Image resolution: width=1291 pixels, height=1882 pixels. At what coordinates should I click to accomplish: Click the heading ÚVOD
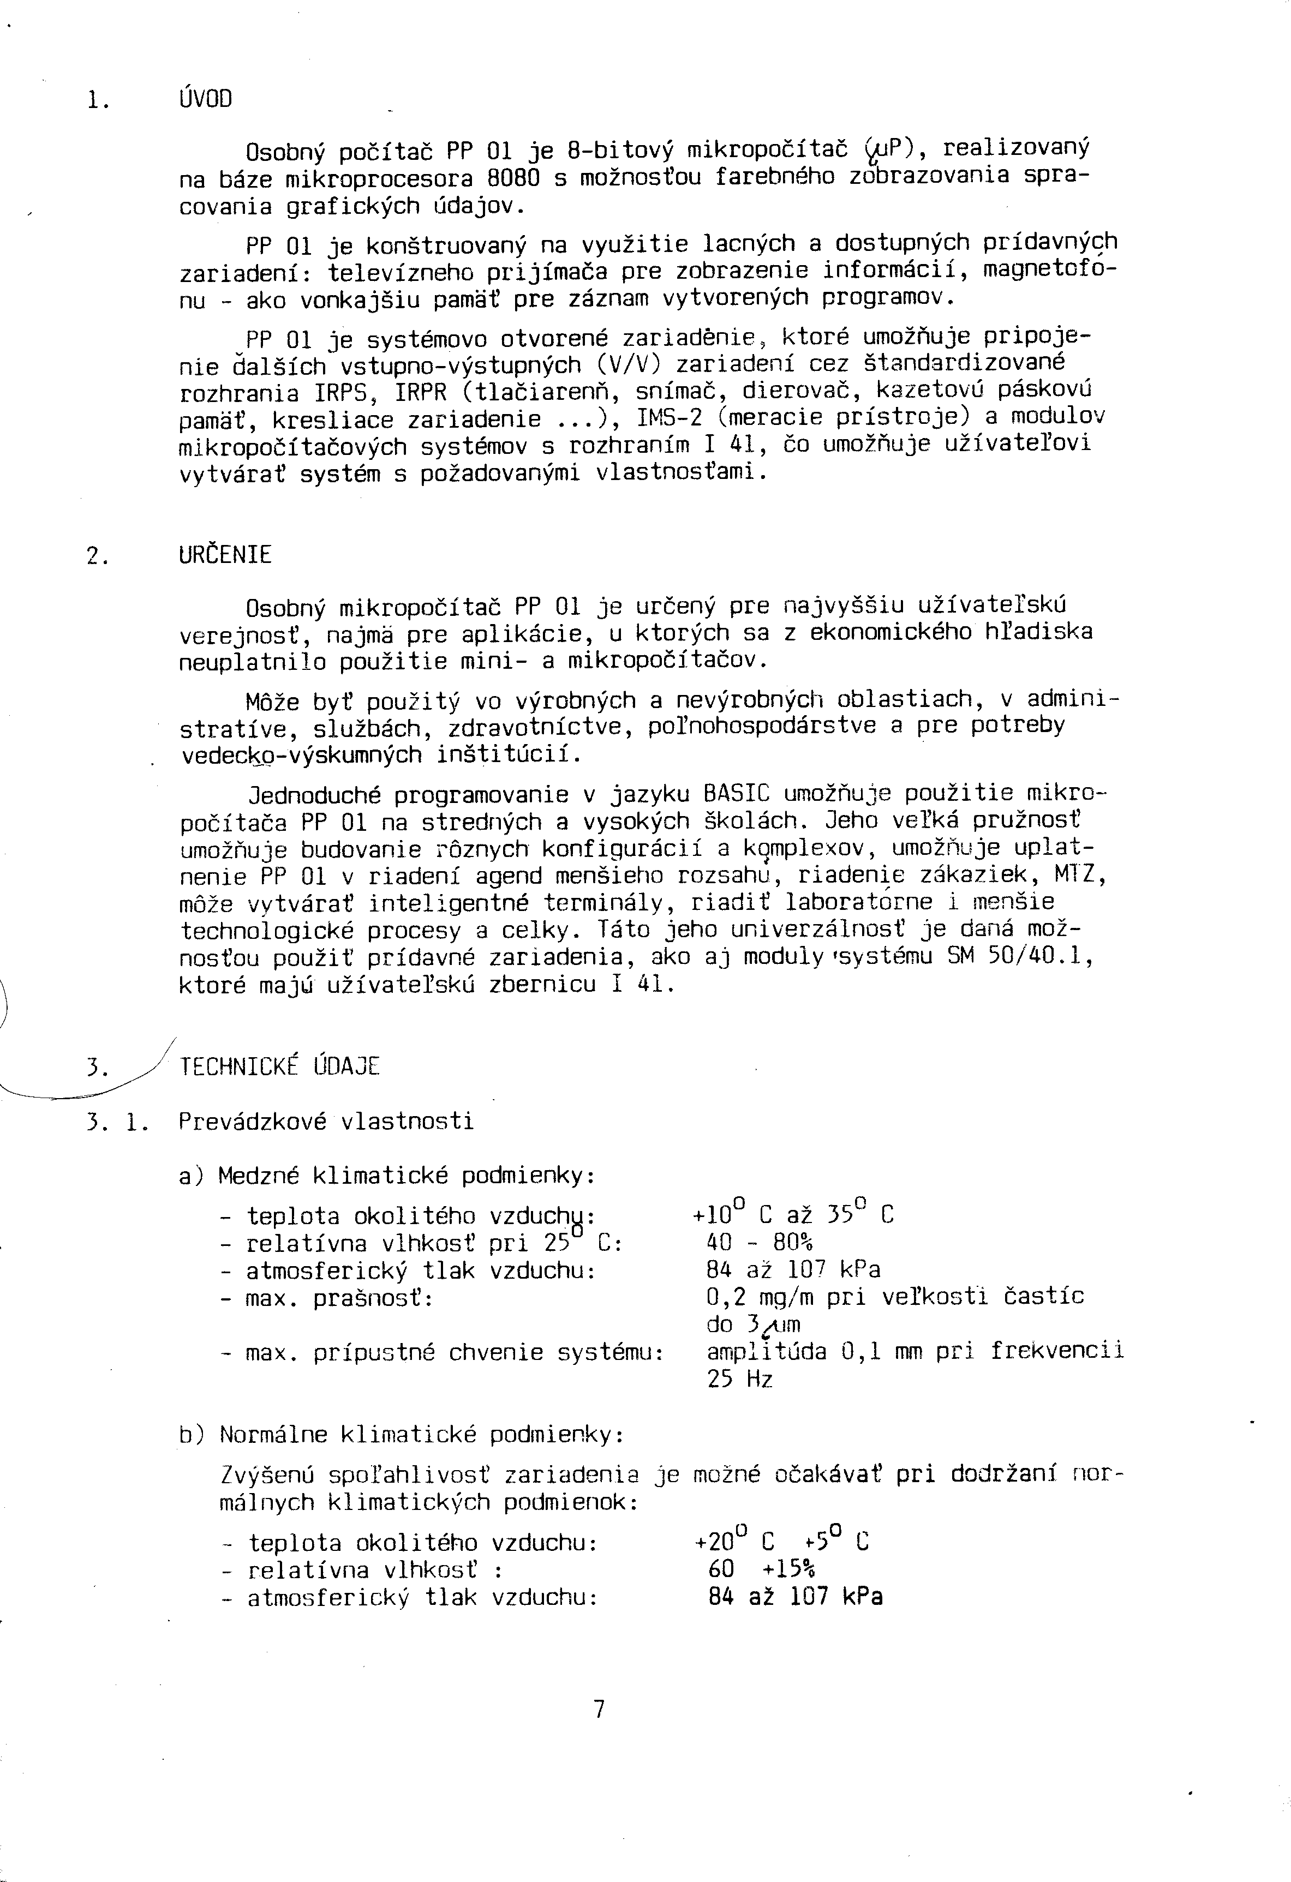(x=205, y=100)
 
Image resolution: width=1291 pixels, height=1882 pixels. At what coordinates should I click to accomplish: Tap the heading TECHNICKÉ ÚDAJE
(x=279, y=1066)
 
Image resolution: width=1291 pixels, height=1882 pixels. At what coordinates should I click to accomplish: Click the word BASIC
(x=736, y=794)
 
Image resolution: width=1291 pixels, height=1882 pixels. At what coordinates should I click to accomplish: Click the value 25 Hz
(x=739, y=1379)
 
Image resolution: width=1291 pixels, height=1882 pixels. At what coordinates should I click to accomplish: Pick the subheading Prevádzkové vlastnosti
(x=326, y=1122)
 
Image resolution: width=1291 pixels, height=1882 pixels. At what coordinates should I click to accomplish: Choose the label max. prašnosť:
(x=338, y=1298)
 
